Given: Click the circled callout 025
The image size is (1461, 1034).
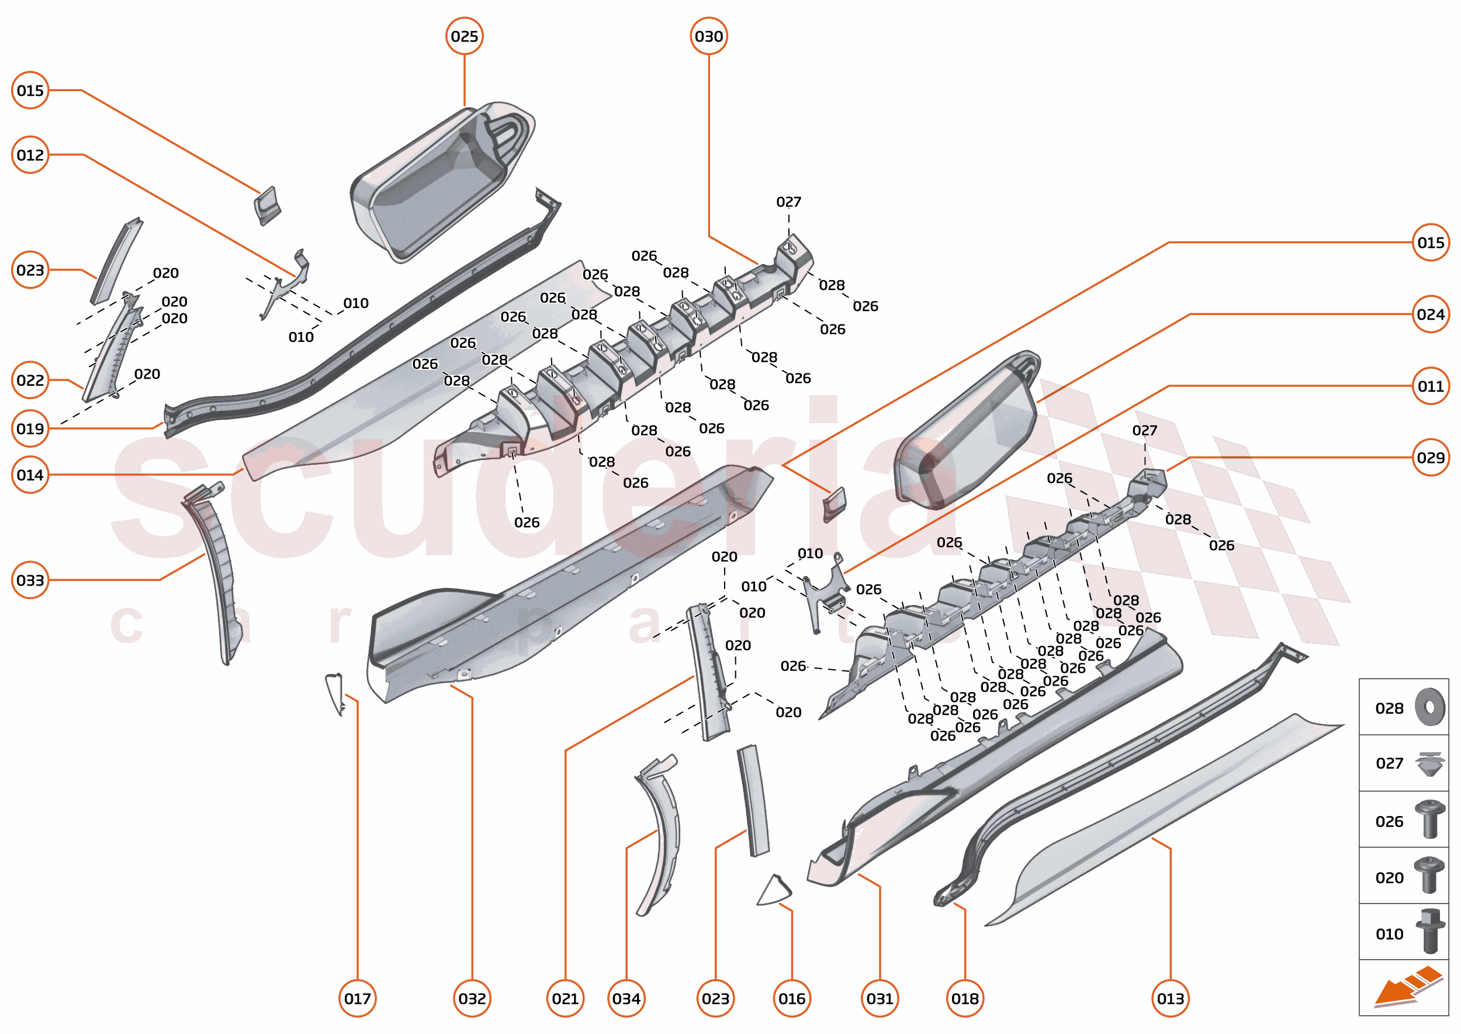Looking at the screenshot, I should (464, 36).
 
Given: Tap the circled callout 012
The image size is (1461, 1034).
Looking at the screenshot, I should (30, 155).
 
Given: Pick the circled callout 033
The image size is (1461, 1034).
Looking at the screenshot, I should (30, 580).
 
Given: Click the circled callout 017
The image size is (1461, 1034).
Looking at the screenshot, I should (357, 998).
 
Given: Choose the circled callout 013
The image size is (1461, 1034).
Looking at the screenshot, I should (1170, 998).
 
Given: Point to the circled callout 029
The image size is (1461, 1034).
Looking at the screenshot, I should (1431, 457).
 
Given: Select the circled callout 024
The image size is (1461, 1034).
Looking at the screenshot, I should (1431, 314).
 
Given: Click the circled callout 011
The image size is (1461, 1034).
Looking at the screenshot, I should (1431, 386).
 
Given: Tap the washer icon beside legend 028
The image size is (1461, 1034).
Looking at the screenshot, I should (1430, 707).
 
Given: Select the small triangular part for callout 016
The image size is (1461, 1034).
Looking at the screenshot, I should (774, 891).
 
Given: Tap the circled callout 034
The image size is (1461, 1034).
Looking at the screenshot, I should (626, 998).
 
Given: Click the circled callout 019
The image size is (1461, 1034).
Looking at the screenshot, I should (30, 428).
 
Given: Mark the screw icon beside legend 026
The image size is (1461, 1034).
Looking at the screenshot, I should (1429, 819).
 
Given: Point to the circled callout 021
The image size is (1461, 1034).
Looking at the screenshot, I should (565, 998).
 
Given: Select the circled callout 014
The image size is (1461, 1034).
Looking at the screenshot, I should (30, 475).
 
